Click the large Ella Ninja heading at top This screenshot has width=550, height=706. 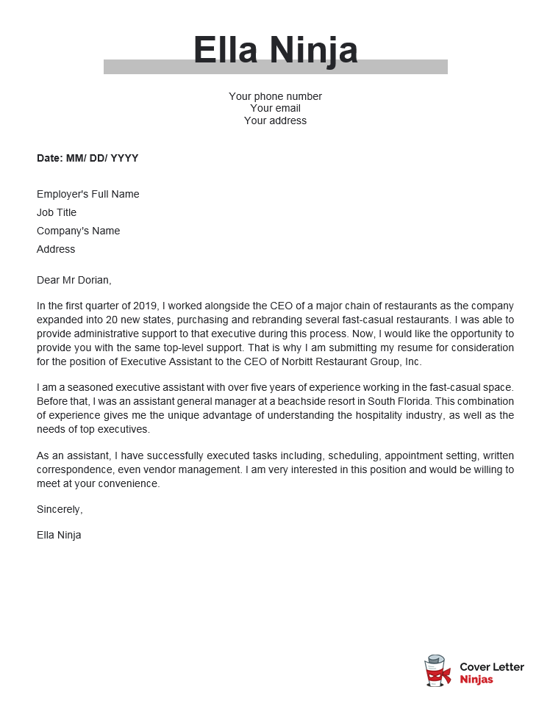click(x=275, y=50)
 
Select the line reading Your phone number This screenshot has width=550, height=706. click(x=275, y=96)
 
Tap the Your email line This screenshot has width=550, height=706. click(x=275, y=109)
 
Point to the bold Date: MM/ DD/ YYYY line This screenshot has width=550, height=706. click(x=87, y=158)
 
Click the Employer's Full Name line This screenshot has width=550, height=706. click(x=87, y=195)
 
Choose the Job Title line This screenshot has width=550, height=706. click(x=57, y=213)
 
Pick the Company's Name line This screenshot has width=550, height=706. click(x=78, y=231)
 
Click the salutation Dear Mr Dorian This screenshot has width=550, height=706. click(x=74, y=280)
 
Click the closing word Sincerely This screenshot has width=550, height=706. click(x=60, y=509)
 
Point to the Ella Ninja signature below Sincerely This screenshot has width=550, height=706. click(x=59, y=535)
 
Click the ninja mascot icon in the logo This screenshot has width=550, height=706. click(x=438, y=671)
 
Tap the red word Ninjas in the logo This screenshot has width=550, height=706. click(x=476, y=680)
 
